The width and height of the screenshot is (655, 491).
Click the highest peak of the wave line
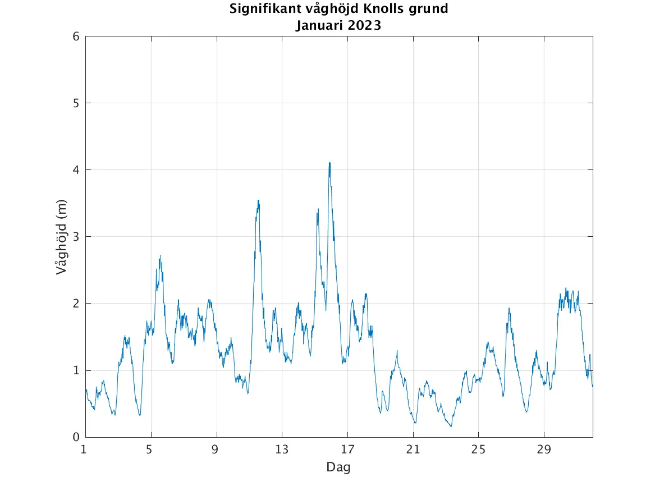pos(329,163)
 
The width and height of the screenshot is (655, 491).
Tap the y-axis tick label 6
pos(76,36)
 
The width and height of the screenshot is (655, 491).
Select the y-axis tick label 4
pos(76,170)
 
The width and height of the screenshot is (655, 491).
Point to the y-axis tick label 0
pos(76,437)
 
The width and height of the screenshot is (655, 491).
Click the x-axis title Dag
pos(338,467)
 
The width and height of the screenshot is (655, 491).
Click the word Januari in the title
pos(318,25)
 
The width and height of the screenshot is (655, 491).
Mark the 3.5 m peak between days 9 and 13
pos(258,201)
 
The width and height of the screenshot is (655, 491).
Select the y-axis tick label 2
pos(76,304)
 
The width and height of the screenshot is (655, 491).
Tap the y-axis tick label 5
pos(76,103)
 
